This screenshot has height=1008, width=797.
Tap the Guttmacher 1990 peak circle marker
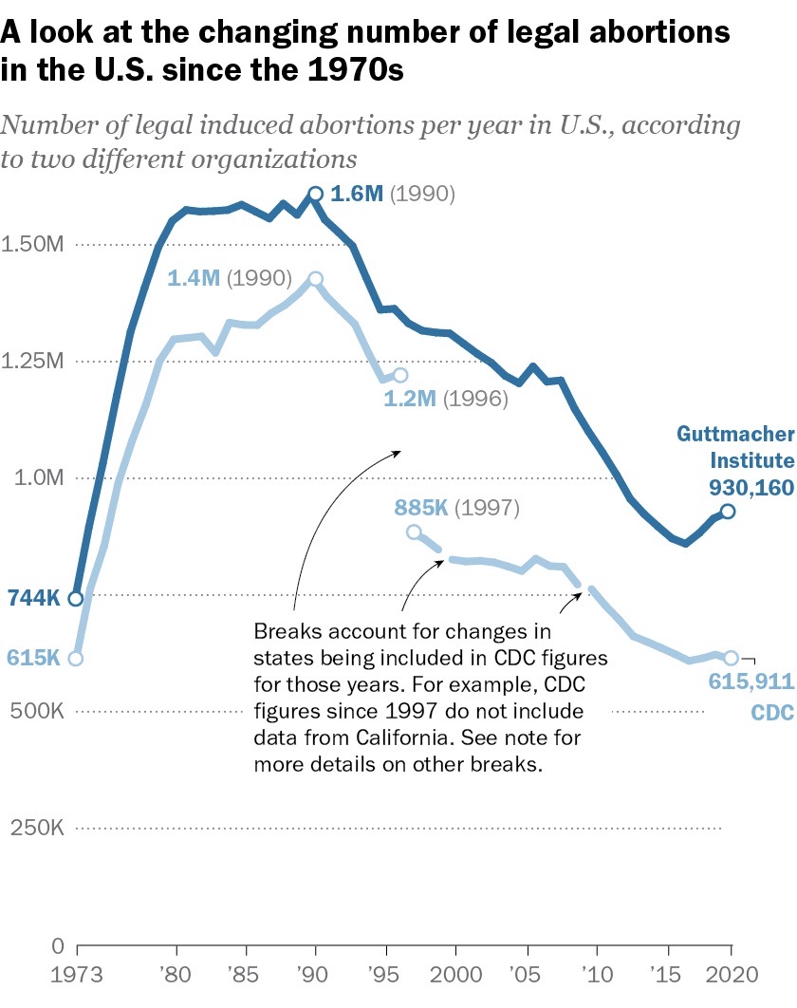click(x=316, y=195)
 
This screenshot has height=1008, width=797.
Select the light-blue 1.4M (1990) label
click(x=231, y=279)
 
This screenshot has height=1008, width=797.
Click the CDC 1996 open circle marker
click(x=399, y=376)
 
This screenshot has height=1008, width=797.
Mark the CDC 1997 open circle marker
click(x=414, y=532)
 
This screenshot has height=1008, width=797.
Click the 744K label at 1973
click(x=33, y=599)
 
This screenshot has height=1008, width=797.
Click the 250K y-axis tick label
click(x=37, y=828)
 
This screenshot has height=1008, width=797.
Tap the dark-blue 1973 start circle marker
click(x=76, y=599)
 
